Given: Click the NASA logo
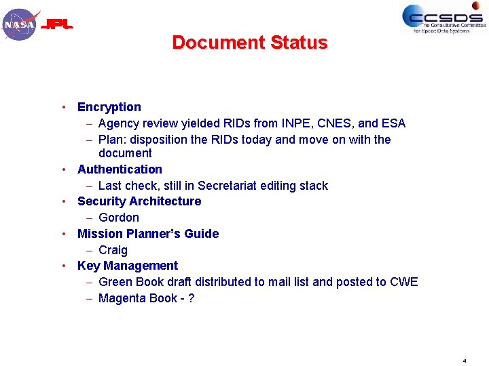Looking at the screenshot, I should point(20,24).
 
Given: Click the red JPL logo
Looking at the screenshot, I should point(57,26).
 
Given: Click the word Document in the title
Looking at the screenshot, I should point(218,43).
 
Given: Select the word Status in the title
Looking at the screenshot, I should point(299,43).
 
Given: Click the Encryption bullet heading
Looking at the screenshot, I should point(109,107).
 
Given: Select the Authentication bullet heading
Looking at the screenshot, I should point(120,169).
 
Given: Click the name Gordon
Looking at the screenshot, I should point(119,218).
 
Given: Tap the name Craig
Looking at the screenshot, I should point(113,250).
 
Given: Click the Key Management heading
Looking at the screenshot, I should point(128,266).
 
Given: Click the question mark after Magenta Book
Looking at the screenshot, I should point(192,298).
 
